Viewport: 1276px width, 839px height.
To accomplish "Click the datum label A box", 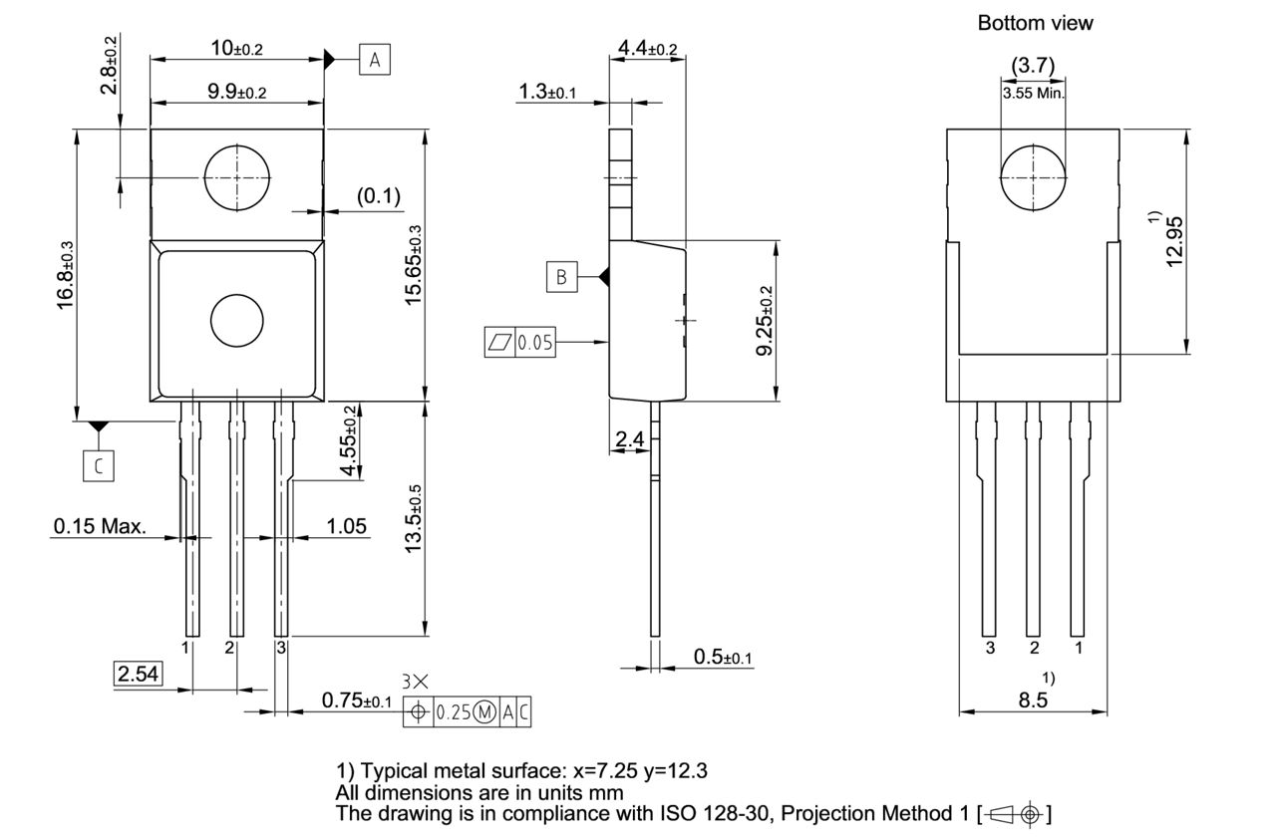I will pos(375,61).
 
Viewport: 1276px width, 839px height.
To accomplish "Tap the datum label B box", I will pos(561,277).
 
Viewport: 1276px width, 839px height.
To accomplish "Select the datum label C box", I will pos(98,464).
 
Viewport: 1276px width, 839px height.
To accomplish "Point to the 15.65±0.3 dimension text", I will pos(412,264).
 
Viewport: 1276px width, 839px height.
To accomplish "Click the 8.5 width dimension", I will pos(1034,700).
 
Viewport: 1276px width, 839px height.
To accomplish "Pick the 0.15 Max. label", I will pos(100,526).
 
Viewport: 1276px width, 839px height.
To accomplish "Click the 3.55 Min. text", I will pos(1033,93).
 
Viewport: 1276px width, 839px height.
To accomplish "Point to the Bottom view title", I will pos(1035,23).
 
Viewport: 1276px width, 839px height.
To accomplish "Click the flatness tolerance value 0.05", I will pos(535,344).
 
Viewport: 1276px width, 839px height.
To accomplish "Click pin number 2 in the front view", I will pos(229,649).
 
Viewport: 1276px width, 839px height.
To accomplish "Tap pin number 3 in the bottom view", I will pos(990,649).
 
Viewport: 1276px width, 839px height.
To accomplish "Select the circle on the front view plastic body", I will pos(237,321).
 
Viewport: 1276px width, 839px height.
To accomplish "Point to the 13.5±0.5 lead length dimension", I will pos(412,518).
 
